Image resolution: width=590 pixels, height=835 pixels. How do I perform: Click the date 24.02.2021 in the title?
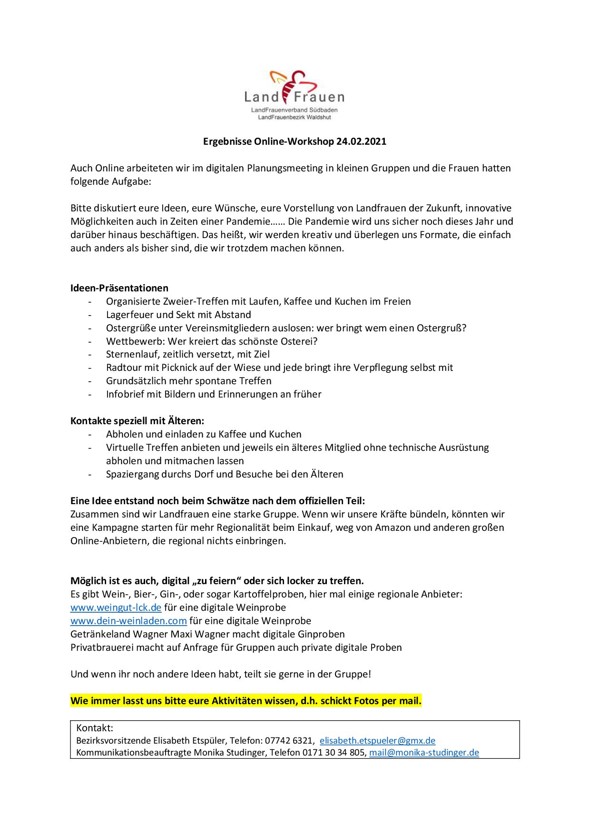pyautogui.click(x=361, y=141)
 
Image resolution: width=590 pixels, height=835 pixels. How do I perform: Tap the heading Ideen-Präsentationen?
pyautogui.click(x=119, y=288)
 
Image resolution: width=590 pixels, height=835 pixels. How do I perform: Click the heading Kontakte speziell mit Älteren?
pyautogui.click(x=137, y=421)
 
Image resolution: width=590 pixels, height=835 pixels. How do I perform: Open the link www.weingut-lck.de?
pyautogui.click(x=116, y=607)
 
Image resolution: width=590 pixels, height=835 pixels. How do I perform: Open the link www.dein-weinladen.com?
pyautogui.click(x=128, y=621)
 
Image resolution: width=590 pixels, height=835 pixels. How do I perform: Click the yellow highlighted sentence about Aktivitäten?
pyautogui.click(x=246, y=701)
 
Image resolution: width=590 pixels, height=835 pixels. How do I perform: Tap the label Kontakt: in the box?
pyautogui.click(x=95, y=728)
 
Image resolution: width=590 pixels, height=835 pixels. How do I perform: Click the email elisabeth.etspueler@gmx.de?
pyautogui.click(x=377, y=740)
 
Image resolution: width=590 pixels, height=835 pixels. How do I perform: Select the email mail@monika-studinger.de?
pyautogui.click(x=424, y=753)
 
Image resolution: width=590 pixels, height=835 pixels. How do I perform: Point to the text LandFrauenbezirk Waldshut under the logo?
pyautogui.click(x=294, y=117)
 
